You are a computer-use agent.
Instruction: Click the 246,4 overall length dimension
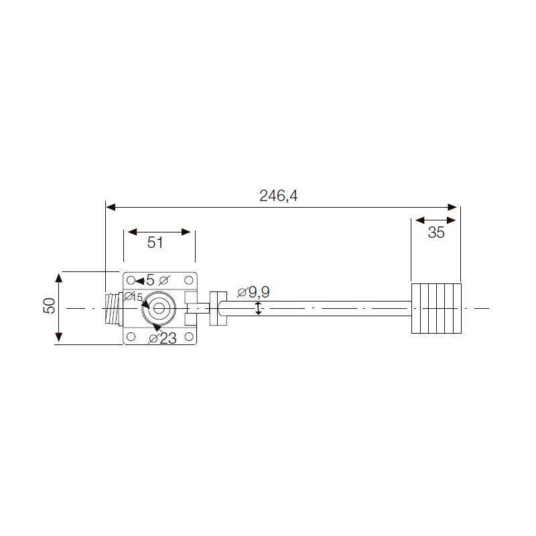coord(278,196)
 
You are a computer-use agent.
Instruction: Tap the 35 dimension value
coord(436,232)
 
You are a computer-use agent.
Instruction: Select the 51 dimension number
coord(155,243)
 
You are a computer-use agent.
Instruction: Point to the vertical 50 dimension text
coord(50,306)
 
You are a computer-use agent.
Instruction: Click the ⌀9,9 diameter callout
coord(253,292)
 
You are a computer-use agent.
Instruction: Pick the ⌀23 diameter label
coord(162,338)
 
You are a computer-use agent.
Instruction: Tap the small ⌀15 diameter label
coord(133,297)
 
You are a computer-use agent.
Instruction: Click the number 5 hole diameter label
coord(150,280)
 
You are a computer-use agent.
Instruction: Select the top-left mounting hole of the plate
coord(131,280)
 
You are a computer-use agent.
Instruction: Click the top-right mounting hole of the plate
coord(189,280)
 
